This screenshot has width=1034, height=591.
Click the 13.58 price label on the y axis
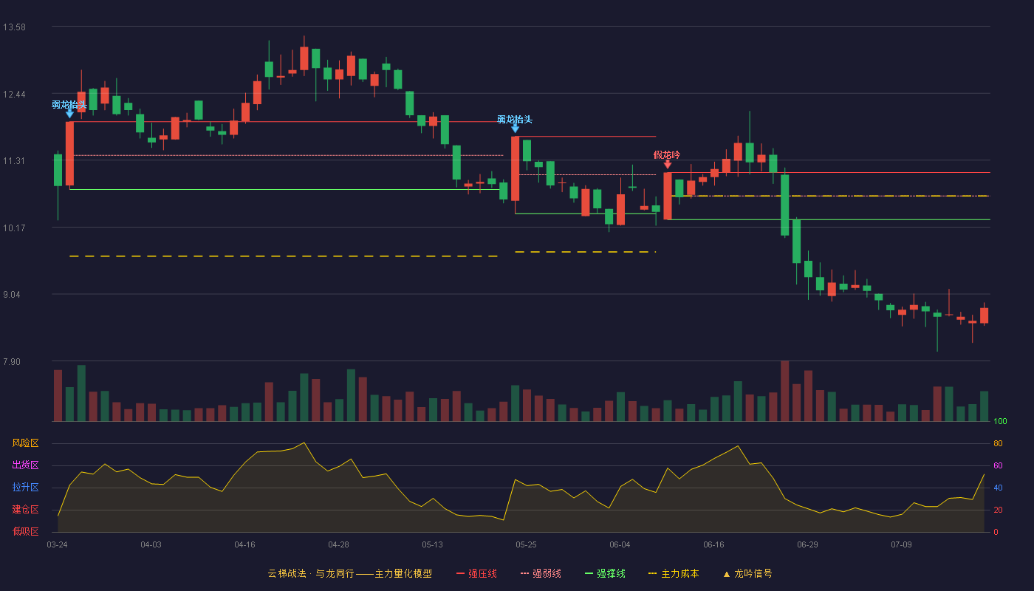pos(14,27)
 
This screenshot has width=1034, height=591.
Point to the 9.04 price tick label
pos(12,295)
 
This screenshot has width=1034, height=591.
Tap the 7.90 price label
pos(12,361)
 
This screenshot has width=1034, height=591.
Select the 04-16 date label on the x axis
pos(244,545)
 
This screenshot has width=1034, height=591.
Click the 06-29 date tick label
pos(807,545)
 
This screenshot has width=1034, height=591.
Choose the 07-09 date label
pos(902,545)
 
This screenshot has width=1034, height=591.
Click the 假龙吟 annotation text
pos(666,154)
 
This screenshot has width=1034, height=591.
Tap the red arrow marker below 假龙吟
pos(668,164)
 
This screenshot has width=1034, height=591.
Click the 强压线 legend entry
pos(476,573)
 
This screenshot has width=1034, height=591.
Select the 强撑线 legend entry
pos(605,573)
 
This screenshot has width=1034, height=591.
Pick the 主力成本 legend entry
pos(674,573)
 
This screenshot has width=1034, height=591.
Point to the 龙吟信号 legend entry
pos(747,573)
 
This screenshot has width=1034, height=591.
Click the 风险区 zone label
pos(25,443)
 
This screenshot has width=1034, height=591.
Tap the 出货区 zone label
pos(25,465)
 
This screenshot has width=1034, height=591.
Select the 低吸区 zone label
pos(25,531)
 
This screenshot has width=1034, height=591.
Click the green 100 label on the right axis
pos(1000,421)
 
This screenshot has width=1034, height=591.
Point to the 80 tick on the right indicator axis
pos(998,443)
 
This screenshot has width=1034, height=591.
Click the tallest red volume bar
pos(784,391)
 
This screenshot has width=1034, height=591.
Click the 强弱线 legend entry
pos(541,573)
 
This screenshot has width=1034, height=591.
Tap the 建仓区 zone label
pos(25,509)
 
